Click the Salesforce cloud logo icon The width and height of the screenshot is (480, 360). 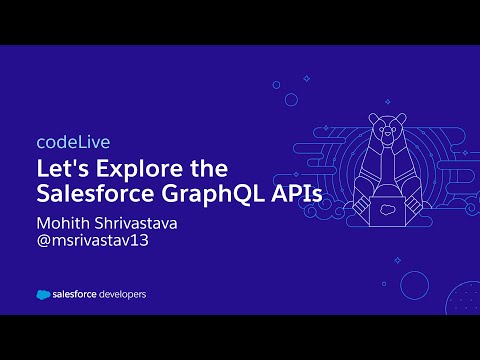pos(45,295)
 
